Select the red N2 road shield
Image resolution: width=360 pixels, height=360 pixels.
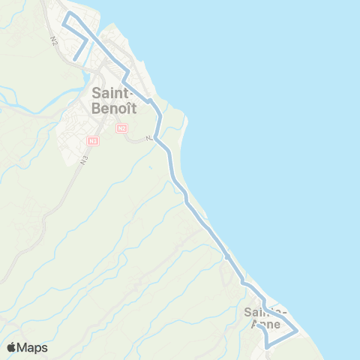tap(121, 128)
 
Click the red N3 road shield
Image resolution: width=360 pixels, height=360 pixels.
tap(92, 140)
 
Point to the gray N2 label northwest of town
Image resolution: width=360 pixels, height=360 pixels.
tap(55, 40)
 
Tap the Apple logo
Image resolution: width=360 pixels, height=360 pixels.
tap(12, 347)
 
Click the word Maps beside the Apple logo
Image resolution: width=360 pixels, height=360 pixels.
tap(34, 348)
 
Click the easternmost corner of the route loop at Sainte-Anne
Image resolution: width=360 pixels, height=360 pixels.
tap(298, 330)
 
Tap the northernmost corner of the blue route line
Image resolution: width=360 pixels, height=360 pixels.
tap(70, 13)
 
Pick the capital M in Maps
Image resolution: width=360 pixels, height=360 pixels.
tap(25, 348)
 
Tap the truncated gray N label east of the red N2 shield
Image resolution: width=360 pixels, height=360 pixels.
tap(150, 138)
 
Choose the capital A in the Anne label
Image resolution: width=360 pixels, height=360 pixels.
tap(255, 324)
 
